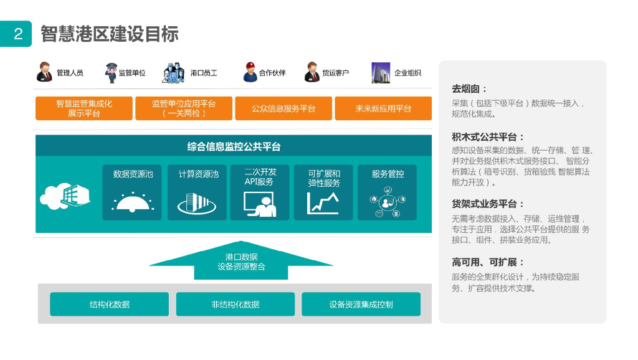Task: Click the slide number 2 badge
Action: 17,34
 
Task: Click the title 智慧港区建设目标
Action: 110,34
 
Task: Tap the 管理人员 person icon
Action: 45,72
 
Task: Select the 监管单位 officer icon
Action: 111,72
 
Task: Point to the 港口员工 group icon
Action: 174,73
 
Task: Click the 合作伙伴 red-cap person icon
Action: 250,73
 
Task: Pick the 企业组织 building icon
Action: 381,73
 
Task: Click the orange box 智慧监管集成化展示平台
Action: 84,108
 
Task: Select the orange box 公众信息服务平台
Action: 283,108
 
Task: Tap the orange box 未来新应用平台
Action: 383,108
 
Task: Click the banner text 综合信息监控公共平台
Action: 234,147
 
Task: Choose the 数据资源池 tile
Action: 132,192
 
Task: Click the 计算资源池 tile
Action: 197,192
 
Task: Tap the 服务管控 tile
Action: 387,192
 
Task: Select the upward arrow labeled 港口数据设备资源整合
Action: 241,261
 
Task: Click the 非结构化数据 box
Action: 235,305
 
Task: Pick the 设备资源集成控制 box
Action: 361,305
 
